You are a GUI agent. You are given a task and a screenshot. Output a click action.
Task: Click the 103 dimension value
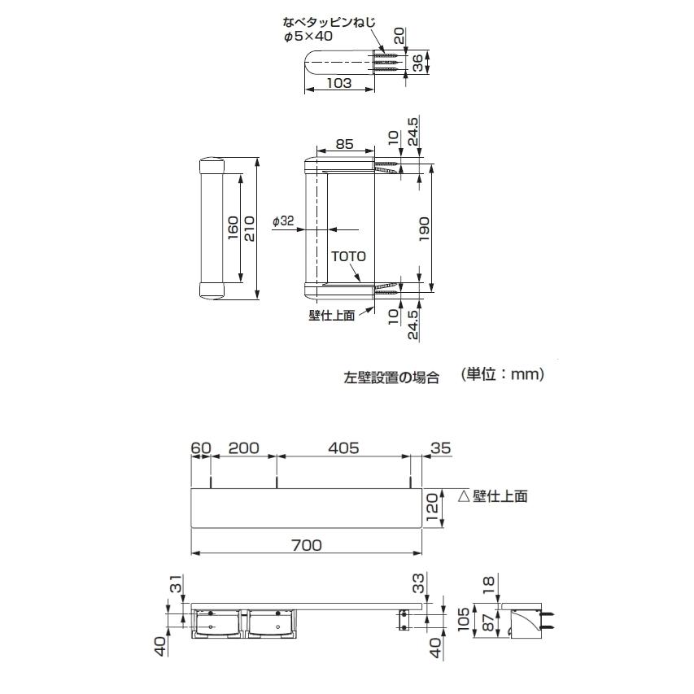pyautogui.click(x=339, y=83)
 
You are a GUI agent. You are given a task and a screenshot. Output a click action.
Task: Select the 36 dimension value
pyautogui.click(x=417, y=63)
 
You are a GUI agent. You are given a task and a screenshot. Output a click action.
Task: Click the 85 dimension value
pyautogui.click(x=344, y=145)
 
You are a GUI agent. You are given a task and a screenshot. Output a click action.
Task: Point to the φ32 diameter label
pyautogui.click(x=283, y=220)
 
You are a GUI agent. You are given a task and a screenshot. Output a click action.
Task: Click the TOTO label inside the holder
pyautogui.click(x=348, y=255)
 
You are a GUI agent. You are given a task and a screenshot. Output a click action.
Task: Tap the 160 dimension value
pyautogui.click(x=233, y=228)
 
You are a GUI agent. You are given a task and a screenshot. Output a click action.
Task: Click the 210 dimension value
pyautogui.click(x=250, y=228)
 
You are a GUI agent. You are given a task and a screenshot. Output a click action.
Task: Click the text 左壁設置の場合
pyautogui.click(x=391, y=378)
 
